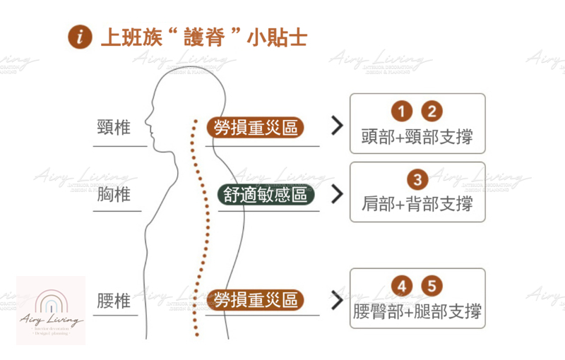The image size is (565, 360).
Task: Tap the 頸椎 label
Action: point(114,128)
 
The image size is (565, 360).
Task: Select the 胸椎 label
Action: point(114,194)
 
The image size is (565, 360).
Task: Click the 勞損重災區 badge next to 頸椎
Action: point(255,128)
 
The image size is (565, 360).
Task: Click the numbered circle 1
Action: point(400,112)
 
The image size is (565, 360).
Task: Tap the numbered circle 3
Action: point(417,180)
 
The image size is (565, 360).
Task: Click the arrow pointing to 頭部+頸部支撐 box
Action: point(336,127)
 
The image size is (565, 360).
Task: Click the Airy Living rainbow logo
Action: point(51,311)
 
